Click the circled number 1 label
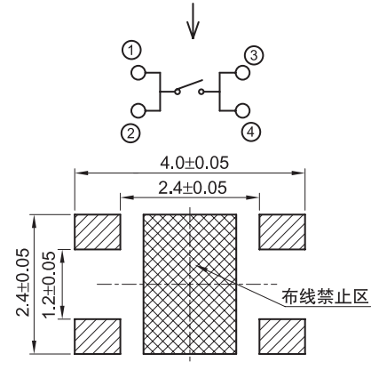point(131,51)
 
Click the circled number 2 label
point(130,133)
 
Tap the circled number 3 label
point(254,55)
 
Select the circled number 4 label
point(250,133)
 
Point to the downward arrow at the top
point(193,20)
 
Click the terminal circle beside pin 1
point(138,72)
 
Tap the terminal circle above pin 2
point(138,110)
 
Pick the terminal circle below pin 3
point(242,72)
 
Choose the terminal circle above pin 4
point(242,110)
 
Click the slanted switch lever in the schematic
point(191,84)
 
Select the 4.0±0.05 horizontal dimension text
point(194,163)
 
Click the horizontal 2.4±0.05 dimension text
point(193,188)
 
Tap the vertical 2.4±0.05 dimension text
point(23,282)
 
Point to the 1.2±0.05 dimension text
point(49,285)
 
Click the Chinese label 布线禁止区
point(325,296)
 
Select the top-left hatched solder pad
point(98,231)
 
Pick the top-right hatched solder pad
point(282,231)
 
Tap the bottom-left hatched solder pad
point(98,336)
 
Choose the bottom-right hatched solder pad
point(282,336)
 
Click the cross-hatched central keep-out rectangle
point(190,284)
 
